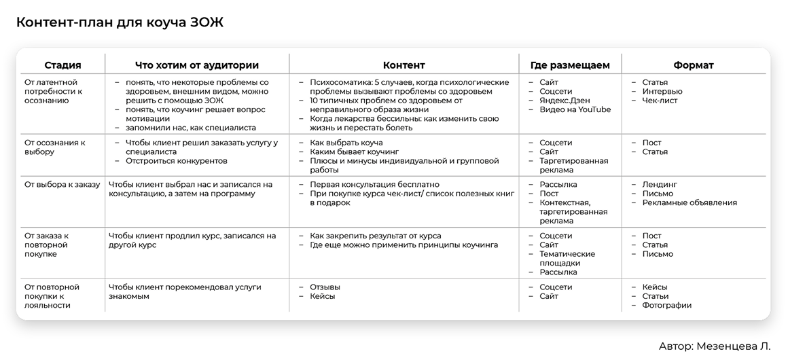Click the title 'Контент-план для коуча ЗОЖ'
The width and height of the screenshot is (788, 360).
(x=120, y=22)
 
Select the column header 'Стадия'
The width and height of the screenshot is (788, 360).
(x=62, y=65)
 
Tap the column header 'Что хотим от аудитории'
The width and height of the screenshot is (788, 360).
(x=197, y=65)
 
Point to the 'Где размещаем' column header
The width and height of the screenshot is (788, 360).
(x=570, y=65)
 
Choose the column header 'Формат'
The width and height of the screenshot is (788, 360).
(x=693, y=65)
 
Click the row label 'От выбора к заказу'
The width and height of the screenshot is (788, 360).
(x=62, y=185)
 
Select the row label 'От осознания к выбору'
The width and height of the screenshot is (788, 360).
(x=54, y=147)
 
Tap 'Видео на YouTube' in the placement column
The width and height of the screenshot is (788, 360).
(x=575, y=109)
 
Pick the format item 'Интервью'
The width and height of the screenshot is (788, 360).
(x=662, y=91)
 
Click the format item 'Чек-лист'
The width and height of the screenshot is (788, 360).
(x=660, y=101)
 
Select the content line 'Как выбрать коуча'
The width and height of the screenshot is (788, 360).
(x=346, y=143)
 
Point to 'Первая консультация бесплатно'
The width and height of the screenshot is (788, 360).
(x=374, y=185)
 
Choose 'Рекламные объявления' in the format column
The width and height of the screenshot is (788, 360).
(x=689, y=202)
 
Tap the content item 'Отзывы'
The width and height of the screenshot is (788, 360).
(x=325, y=287)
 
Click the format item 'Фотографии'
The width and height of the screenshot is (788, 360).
(x=666, y=305)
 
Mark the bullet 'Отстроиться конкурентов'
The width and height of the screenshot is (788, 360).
(x=177, y=161)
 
